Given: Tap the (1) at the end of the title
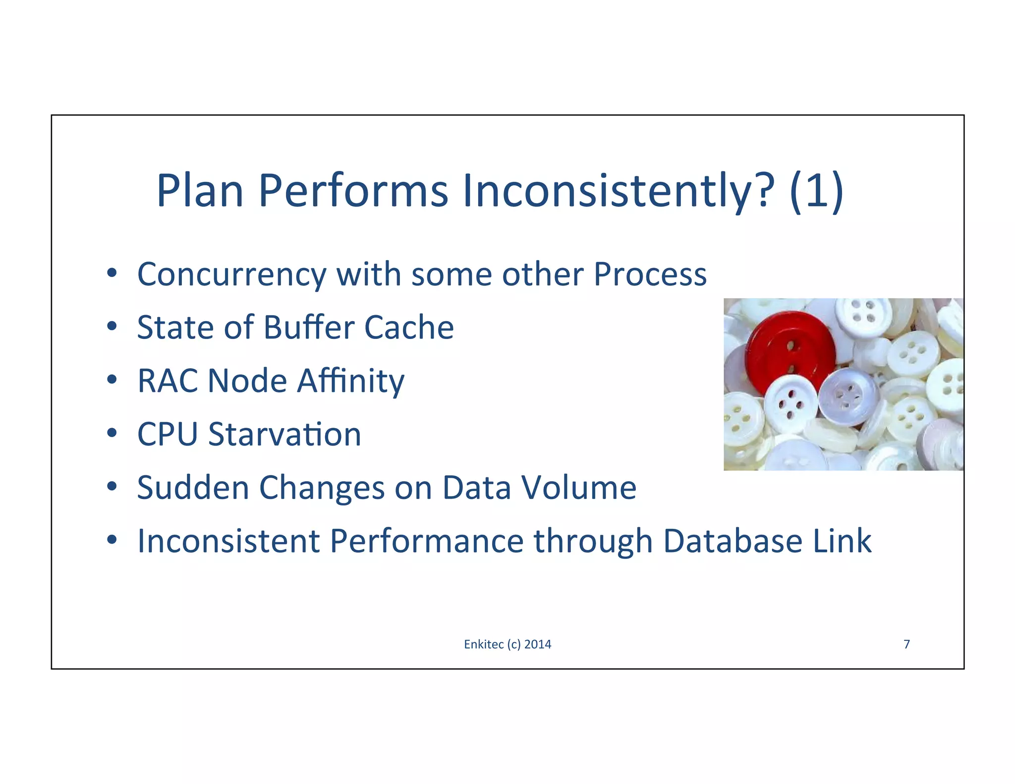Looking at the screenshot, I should click(817, 191).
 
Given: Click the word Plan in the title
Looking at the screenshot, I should click(200, 191).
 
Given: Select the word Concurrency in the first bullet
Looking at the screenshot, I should click(231, 275).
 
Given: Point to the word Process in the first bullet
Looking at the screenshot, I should click(650, 274).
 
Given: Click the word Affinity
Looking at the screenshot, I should click(350, 382).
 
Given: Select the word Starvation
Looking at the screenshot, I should click(284, 434).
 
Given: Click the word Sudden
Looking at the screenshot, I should click(193, 488).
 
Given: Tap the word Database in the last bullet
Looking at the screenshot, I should click(733, 541).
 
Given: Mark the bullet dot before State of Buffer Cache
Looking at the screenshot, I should click(112, 326).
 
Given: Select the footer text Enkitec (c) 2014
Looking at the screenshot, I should click(507, 644).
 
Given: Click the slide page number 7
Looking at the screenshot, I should click(906, 644).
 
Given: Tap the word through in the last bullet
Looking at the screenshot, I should click(593, 542).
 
